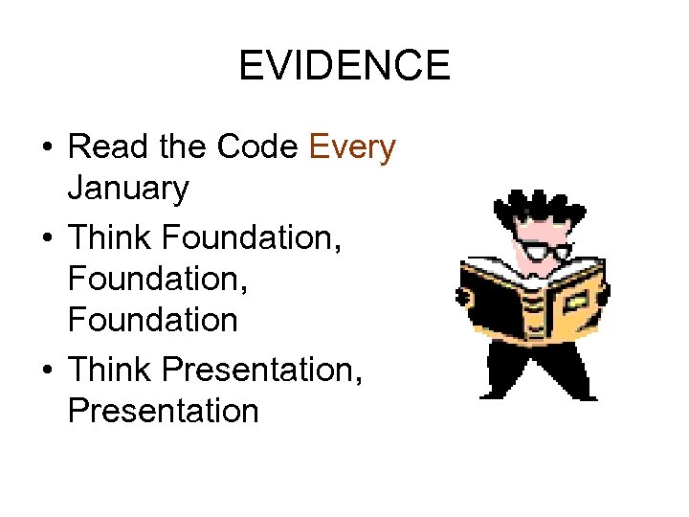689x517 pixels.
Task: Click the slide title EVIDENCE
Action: [344, 66]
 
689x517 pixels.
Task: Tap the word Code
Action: [258, 147]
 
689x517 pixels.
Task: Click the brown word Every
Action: [352, 147]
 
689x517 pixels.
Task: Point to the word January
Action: [128, 189]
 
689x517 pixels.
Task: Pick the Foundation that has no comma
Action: [152, 321]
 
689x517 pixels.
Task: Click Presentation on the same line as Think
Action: [263, 370]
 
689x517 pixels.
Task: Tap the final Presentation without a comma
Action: [163, 412]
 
